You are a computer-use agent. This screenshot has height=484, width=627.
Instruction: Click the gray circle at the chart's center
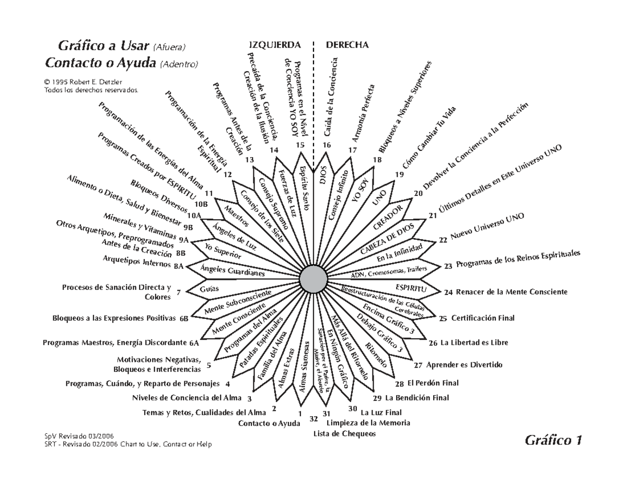pyautogui.click(x=313, y=279)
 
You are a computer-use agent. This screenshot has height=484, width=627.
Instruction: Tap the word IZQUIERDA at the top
pyautogui.click(x=275, y=45)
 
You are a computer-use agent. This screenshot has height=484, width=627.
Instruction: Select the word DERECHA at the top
pyautogui.click(x=347, y=45)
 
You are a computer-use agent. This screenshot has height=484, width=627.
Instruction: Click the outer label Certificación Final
pyautogui.click(x=483, y=318)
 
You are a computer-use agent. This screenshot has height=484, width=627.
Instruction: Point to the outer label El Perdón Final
pyautogui.click(x=433, y=383)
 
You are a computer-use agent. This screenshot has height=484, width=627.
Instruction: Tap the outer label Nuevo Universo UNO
pyautogui.click(x=487, y=227)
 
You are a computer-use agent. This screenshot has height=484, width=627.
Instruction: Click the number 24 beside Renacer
pyautogui.click(x=448, y=292)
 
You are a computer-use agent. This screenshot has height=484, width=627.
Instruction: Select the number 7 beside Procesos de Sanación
pyautogui.click(x=179, y=292)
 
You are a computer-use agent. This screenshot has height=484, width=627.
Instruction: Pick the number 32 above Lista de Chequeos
pyautogui.click(x=313, y=418)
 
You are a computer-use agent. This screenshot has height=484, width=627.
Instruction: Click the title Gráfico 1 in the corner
pyautogui.click(x=553, y=441)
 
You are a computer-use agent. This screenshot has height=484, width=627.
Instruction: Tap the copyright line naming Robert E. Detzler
pyautogui.click(x=83, y=82)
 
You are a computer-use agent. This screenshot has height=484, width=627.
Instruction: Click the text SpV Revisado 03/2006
pyautogui.click(x=79, y=435)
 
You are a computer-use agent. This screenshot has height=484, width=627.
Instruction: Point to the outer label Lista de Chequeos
pyautogui.click(x=344, y=433)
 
